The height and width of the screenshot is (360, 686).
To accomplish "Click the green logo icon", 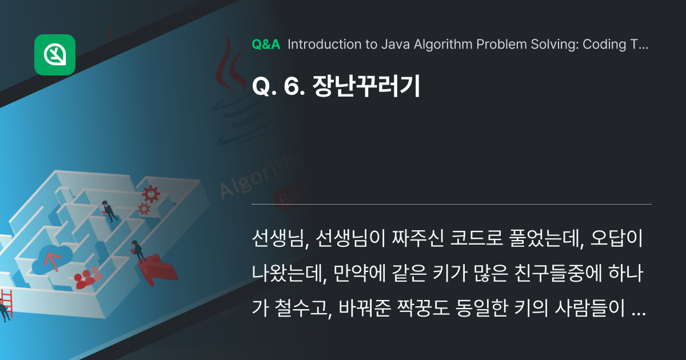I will tap(55, 55).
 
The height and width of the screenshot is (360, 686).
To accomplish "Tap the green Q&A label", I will tap(266, 45).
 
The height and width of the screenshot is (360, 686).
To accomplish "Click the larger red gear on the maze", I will tap(151, 193).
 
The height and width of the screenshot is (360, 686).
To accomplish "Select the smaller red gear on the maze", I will tap(143, 209).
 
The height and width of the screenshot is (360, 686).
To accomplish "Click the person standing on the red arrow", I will tap(137, 251).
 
